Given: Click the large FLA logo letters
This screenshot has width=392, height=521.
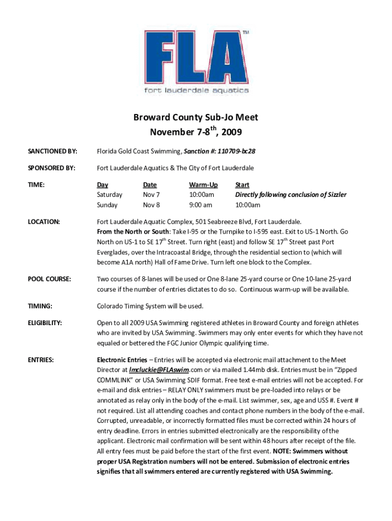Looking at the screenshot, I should pos(196,57).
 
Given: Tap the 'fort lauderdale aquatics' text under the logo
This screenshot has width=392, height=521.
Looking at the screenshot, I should pos(196,91).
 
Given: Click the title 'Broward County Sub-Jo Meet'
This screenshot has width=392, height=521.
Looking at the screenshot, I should pos(195,118).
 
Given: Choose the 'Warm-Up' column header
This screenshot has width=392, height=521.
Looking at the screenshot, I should pos(203,185).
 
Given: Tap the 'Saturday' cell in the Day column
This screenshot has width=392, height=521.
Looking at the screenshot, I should pos(109,195).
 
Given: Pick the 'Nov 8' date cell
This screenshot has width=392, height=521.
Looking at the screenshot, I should pos(151,205).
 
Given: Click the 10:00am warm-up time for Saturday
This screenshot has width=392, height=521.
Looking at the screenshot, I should pos(202,195).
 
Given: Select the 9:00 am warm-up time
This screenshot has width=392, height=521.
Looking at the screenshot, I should pos(201,205).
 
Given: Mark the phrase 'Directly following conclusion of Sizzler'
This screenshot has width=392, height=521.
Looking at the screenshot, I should pos(290,195).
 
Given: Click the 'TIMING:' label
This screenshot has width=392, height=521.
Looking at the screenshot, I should pos(40,306).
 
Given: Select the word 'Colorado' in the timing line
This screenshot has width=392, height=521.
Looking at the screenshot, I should pos(111,306).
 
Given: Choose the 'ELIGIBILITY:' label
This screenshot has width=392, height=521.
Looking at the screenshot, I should pos(45,323).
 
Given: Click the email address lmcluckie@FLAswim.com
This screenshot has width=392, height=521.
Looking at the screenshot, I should pos(166,370).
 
